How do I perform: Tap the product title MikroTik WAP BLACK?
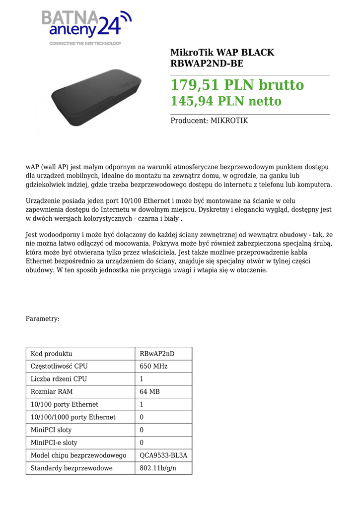(222, 53)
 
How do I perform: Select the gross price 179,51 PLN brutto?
(237, 85)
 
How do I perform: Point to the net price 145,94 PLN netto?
(226, 102)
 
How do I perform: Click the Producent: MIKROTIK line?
(209, 121)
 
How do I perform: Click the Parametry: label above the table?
(43, 318)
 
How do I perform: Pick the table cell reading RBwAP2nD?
(157, 354)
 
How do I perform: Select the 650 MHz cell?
(153, 366)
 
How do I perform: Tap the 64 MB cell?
(150, 392)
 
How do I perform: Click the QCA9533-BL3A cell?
(163, 455)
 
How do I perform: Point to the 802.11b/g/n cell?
(158, 468)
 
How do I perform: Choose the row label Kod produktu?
(52, 354)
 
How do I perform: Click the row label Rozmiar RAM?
(54, 392)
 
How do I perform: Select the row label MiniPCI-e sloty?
(54, 443)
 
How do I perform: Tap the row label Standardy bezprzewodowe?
(72, 468)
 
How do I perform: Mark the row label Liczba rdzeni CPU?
(59, 379)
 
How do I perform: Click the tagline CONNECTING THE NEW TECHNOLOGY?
(85, 44)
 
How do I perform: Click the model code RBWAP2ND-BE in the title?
(207, 63)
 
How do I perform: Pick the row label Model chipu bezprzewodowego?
(78, 455)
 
